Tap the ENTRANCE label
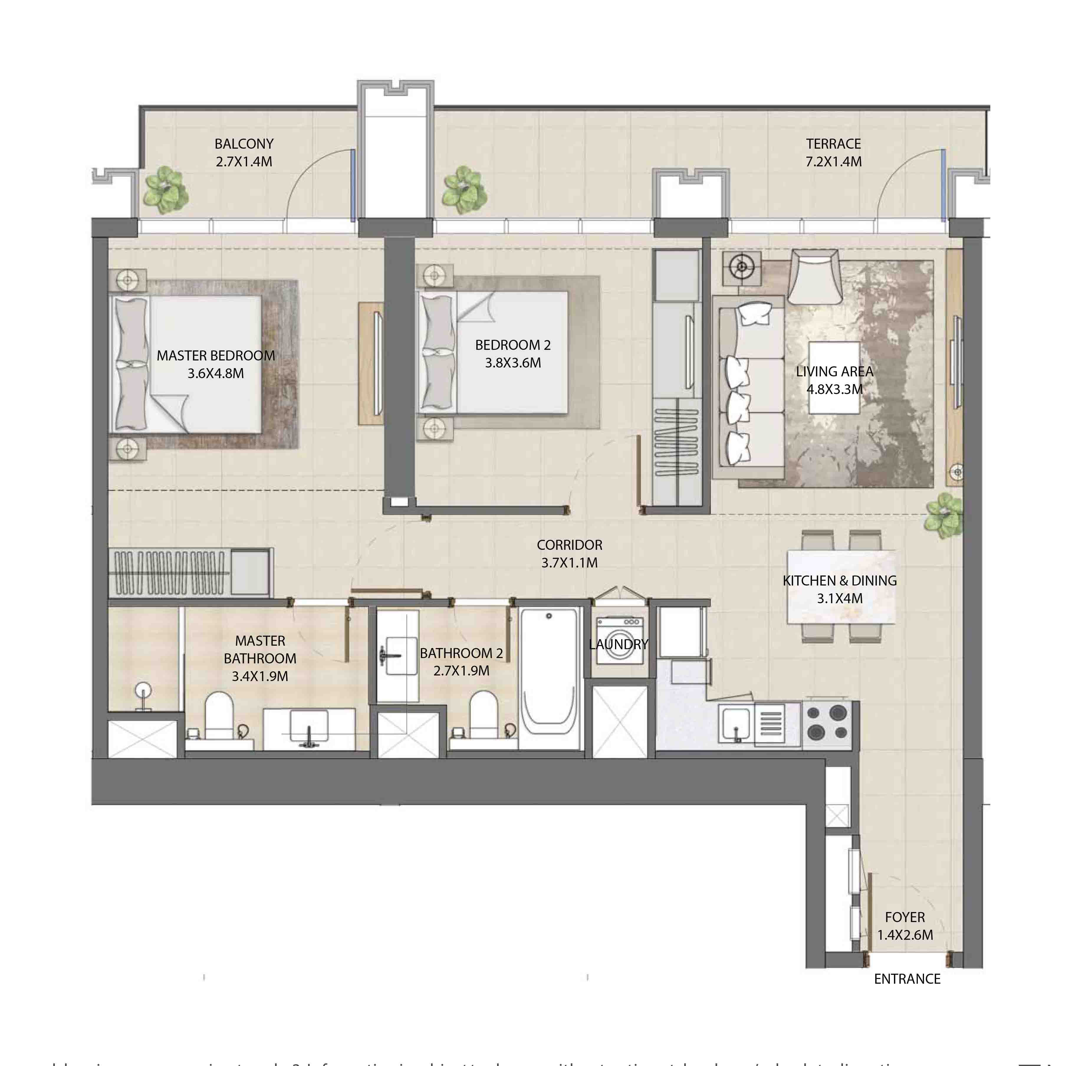pyautogui.click(x=907, y=994)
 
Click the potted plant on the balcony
pyautogui.click(x=165, y=190)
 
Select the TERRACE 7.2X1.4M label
pyautogui.click(x=833, y=152)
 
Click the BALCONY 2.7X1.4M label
pyautogui.click(x=244, y=152)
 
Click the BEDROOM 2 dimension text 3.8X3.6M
pyautogui.click(x=512, y=363)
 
